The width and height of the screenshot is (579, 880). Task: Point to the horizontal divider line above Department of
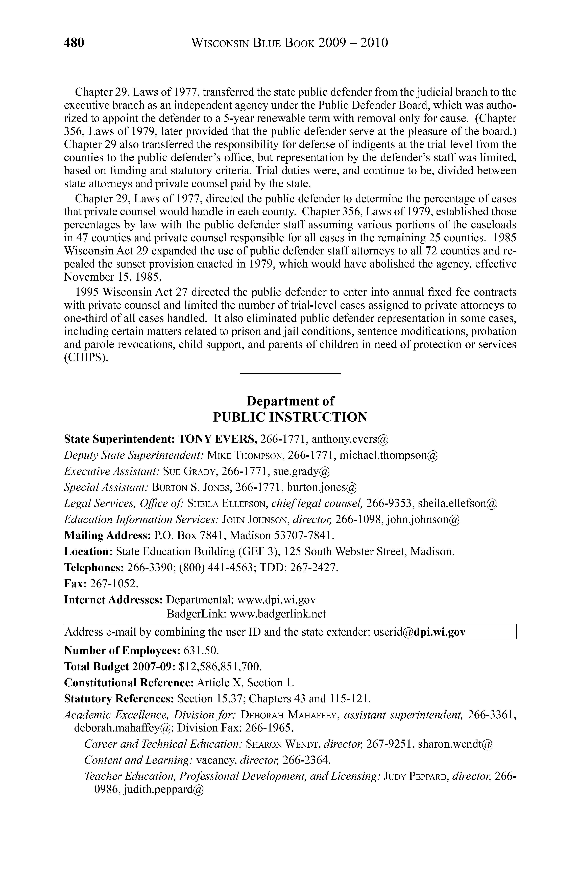pos(290,373)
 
